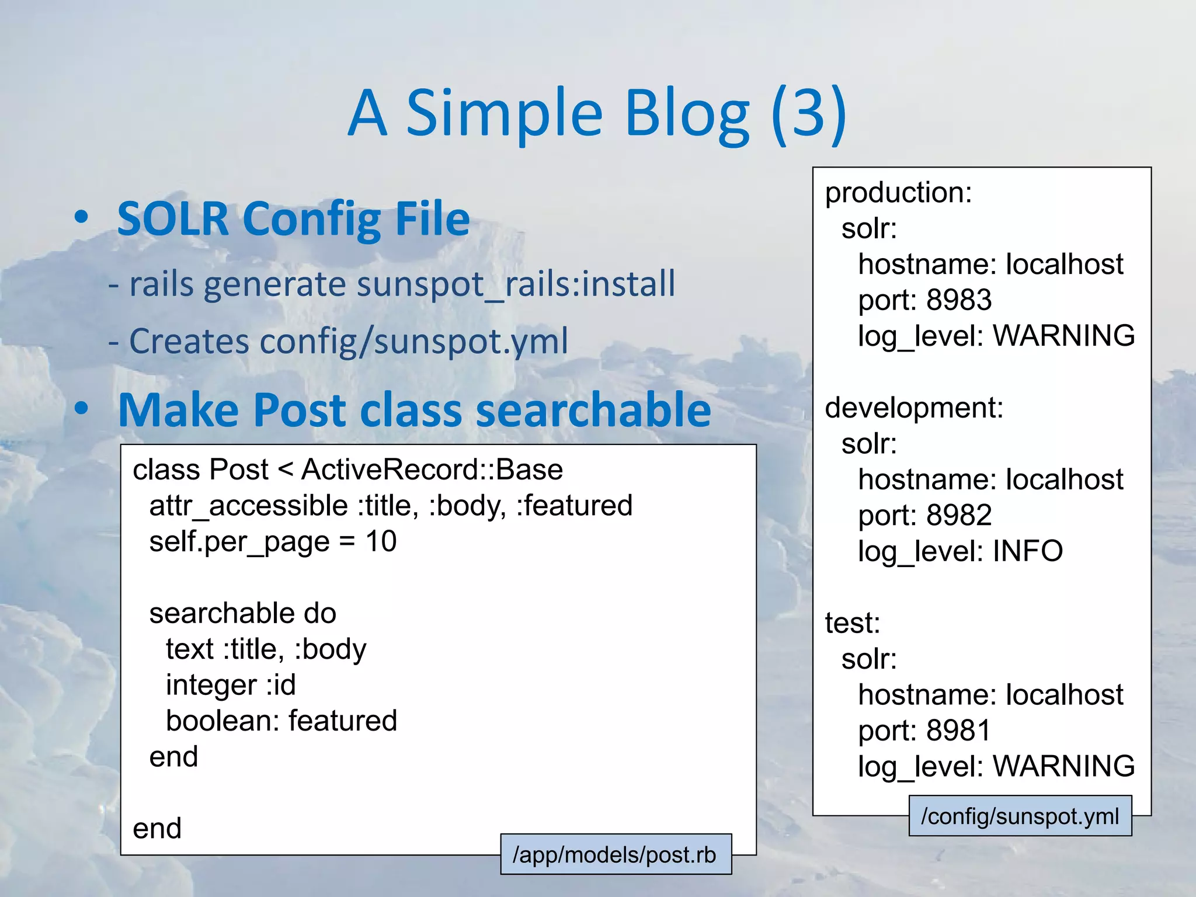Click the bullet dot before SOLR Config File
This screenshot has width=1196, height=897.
tap(82, 217)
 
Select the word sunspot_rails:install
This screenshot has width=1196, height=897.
tap(516, 284)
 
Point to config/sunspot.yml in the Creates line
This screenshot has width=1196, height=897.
tap(413, 341)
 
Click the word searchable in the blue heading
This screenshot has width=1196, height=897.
tap(593, 410)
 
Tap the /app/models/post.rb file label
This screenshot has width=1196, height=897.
tap(615, 854)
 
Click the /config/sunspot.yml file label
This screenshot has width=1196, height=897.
tap(1020, 816)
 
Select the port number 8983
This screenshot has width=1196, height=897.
tap(959, 300)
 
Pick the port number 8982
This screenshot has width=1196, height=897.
tap(959, 516)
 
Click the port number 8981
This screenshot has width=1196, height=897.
tap(959, 731)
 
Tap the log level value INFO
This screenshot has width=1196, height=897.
tap(1028, 551)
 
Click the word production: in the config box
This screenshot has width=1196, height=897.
tap(898, 193)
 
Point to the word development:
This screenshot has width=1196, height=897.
tap(914, 408)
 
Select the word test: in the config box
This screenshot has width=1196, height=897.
tap(852, 623)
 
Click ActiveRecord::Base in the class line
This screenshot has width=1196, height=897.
tap(432, 470)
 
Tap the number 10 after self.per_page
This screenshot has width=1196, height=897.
tap(381, 541)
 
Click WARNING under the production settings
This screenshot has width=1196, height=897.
tap(1063, 336)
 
